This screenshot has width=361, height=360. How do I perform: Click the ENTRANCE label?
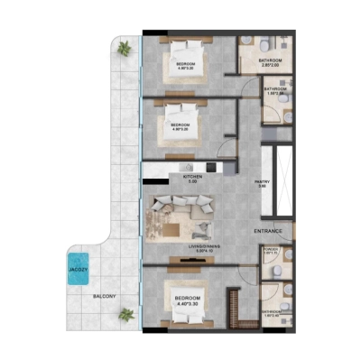(x=268, y=231)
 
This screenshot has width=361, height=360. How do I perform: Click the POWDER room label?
(x=271, y=253)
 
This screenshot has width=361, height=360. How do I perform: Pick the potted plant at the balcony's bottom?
(x=127, y=314)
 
